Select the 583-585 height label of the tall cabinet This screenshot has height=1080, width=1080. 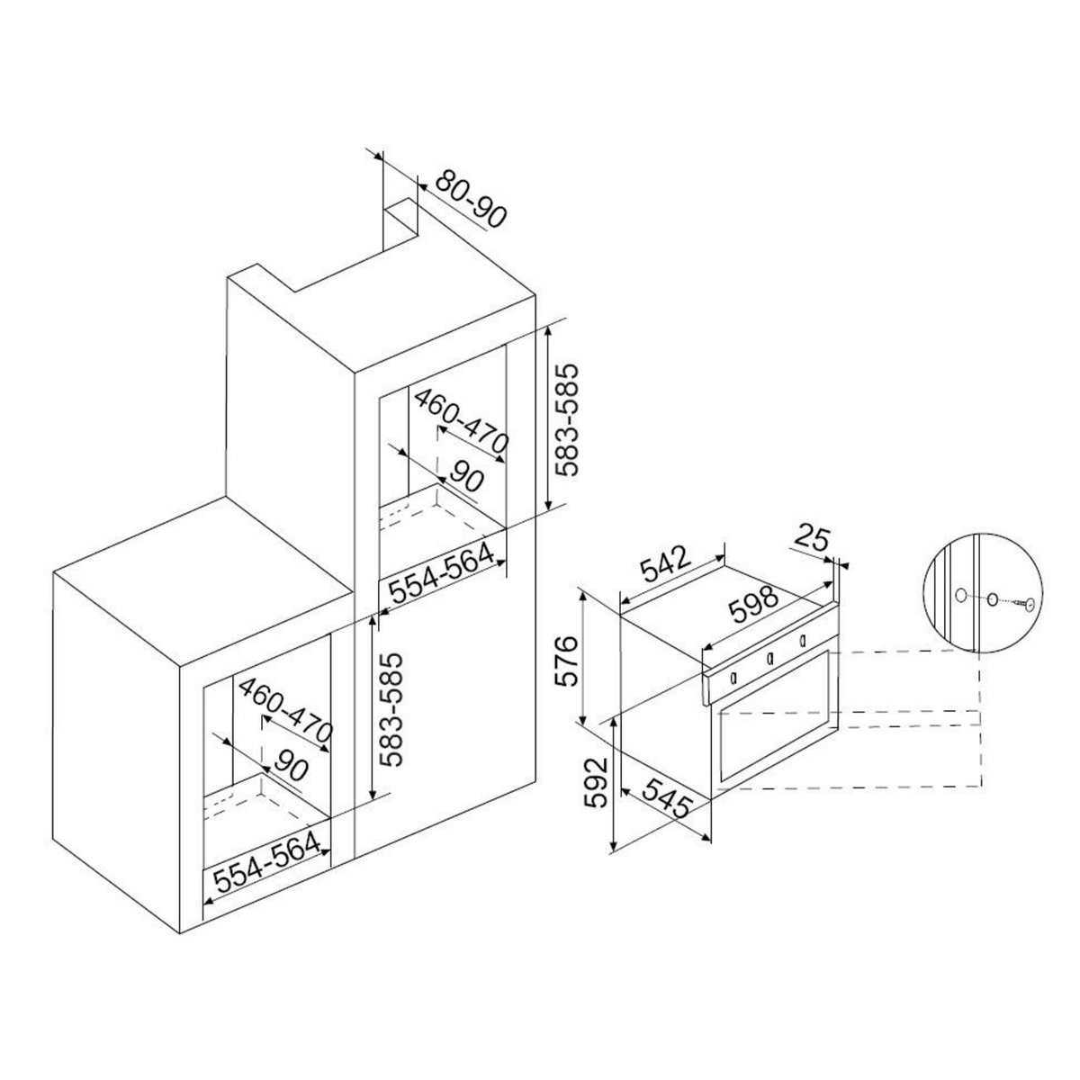tap(571, 420)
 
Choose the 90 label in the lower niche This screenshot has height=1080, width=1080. tap(287, 765)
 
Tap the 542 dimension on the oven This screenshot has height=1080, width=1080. tap(667, 563)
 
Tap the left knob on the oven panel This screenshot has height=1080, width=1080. tap(735, 677)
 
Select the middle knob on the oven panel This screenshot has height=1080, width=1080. tap(769, 659)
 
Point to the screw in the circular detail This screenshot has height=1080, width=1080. tap(1021, 605)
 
